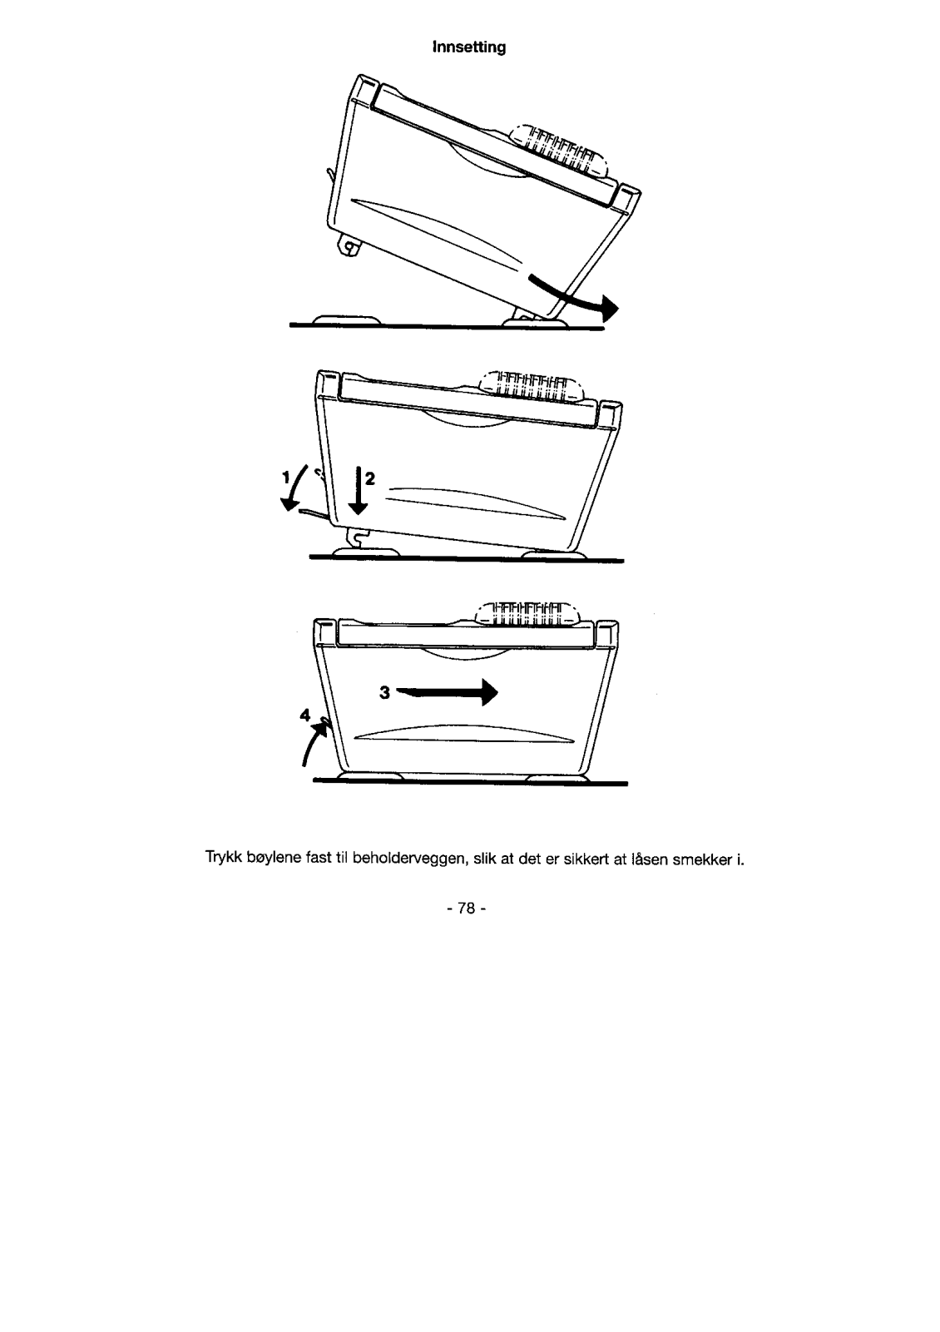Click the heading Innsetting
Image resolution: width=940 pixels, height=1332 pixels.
click(x=469, y=47)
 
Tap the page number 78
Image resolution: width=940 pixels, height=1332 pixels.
click(x=469, y=909)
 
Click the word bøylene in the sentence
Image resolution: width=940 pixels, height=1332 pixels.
click(x=273, y=858)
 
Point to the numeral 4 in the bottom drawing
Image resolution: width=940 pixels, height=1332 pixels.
click(x=305, y=714)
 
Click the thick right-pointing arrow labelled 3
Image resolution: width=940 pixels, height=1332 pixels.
click(x=449, y=692)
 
